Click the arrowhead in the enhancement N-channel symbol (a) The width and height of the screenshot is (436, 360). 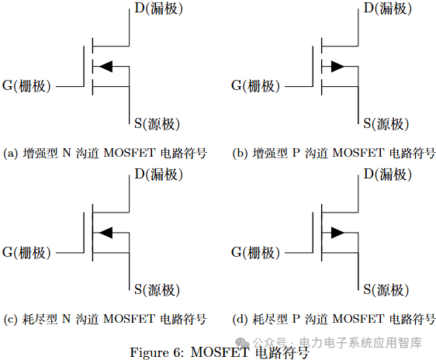coord(106,67)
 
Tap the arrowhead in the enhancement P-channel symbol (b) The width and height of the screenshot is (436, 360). coord(337,67)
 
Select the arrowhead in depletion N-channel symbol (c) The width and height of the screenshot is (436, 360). coord(106,233)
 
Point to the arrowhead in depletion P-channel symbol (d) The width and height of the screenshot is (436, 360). coord(337,233)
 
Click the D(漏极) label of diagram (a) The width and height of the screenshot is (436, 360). coord(159,9)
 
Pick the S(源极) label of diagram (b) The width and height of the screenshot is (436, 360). coord(386,123)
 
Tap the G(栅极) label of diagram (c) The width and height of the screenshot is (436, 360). coord(26,253)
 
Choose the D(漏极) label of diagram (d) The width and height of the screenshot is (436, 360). coord(388,175)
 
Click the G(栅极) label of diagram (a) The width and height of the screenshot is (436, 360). coord(26,86)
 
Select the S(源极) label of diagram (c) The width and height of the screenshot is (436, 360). coord(157,290)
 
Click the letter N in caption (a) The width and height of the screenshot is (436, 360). coord(67,153)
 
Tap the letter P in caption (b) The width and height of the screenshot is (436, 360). coord(296,153)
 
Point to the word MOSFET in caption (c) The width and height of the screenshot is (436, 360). coord(129,319)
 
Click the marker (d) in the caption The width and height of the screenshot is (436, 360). coord(240,319)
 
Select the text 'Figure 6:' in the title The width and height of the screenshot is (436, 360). coord(157,353)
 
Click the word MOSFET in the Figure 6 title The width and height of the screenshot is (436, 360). coord(220,352)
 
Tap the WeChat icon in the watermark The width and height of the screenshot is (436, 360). coord(242,342)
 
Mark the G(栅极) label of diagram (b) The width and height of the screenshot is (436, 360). coord(255,86)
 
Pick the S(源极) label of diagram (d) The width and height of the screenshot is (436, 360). coord(386,290)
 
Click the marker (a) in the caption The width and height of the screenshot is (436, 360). coord(11,153)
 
